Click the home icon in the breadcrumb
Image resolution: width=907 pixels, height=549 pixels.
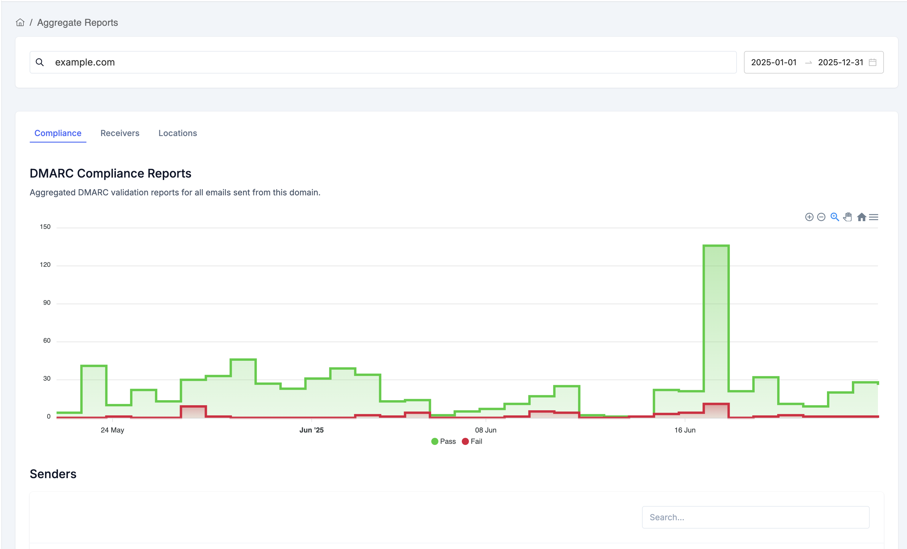point(20,23)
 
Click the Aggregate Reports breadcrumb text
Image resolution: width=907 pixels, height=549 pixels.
point(77,23)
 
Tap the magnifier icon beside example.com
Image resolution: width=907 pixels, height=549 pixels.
point(40,62)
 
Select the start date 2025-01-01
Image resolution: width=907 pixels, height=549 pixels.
point(773,62)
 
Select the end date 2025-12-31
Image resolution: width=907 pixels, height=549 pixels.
point(840,62)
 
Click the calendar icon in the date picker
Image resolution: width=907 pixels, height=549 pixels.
point(872,62)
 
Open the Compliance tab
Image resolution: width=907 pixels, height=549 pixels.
point(58,133)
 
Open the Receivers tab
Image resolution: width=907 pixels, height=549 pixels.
point(120,133)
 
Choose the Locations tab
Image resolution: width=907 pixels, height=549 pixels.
point(178,133)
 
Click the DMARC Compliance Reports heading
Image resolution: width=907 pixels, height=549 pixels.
point(111,173)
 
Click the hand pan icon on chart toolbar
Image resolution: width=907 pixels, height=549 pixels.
point(848,217)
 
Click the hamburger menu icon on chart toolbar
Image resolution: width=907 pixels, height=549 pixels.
point(874,217)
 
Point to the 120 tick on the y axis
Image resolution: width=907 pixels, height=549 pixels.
point(45,265)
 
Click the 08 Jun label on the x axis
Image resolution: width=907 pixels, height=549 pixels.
point(486,430)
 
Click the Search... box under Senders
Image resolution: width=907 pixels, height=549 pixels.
point(755,517)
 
